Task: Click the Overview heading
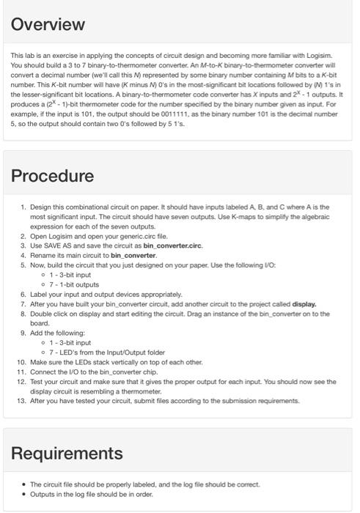click(x=48, y=24)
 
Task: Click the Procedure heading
click(x=52, y=176)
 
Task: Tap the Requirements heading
click(x=67, y=452)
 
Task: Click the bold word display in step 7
click(x=304, y=303)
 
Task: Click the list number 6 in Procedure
click(x=23, y=294)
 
